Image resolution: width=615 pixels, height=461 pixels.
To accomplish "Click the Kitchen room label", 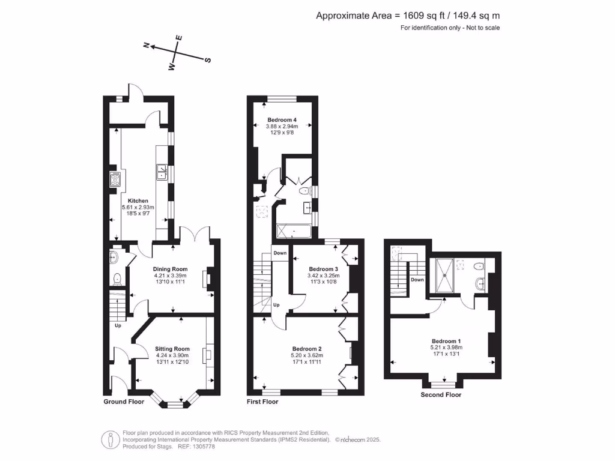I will [x=138, y=200].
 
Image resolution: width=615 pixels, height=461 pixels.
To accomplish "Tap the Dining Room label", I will [x=171, y=269].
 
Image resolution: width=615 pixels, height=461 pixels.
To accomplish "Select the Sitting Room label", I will [x=172, y=349].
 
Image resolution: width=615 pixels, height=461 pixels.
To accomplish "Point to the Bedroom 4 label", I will [x=282, y=119].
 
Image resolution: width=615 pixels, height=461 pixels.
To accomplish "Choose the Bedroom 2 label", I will [x=307, y=349].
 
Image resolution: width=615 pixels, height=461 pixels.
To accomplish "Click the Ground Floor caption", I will [x=124, y=402].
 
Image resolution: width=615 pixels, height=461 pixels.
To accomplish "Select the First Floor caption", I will [x=262, y=402].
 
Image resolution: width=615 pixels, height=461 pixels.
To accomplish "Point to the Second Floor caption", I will [x=441, y=394].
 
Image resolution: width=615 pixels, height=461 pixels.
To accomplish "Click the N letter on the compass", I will [x=146, y=45].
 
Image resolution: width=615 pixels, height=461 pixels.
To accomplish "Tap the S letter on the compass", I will [x=208, y=60].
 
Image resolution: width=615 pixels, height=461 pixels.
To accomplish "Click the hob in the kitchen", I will [x=115, y=178].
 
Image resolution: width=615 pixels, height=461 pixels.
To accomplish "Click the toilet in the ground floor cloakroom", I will [x=118, y=279].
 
